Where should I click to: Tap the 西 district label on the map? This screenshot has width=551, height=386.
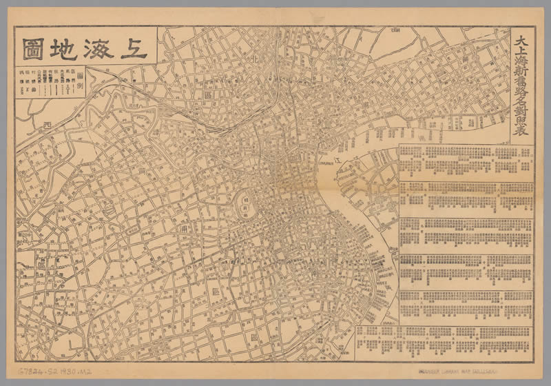tap(47, 125)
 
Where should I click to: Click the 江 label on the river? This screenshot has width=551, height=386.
tap(337, 159)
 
